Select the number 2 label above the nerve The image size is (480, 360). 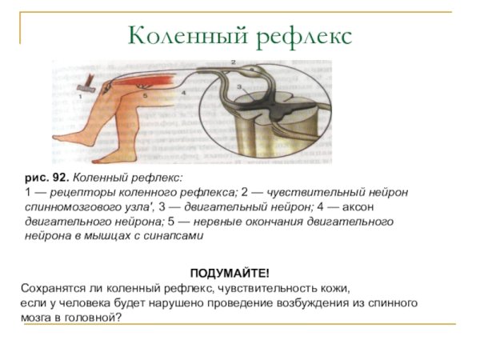[233, 62]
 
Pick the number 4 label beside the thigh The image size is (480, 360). [183, 93]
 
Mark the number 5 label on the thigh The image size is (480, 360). [145, 94]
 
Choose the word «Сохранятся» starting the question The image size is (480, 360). [53, 287]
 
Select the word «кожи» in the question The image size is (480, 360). [337, 287]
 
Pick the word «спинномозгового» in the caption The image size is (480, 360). [68, 207]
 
